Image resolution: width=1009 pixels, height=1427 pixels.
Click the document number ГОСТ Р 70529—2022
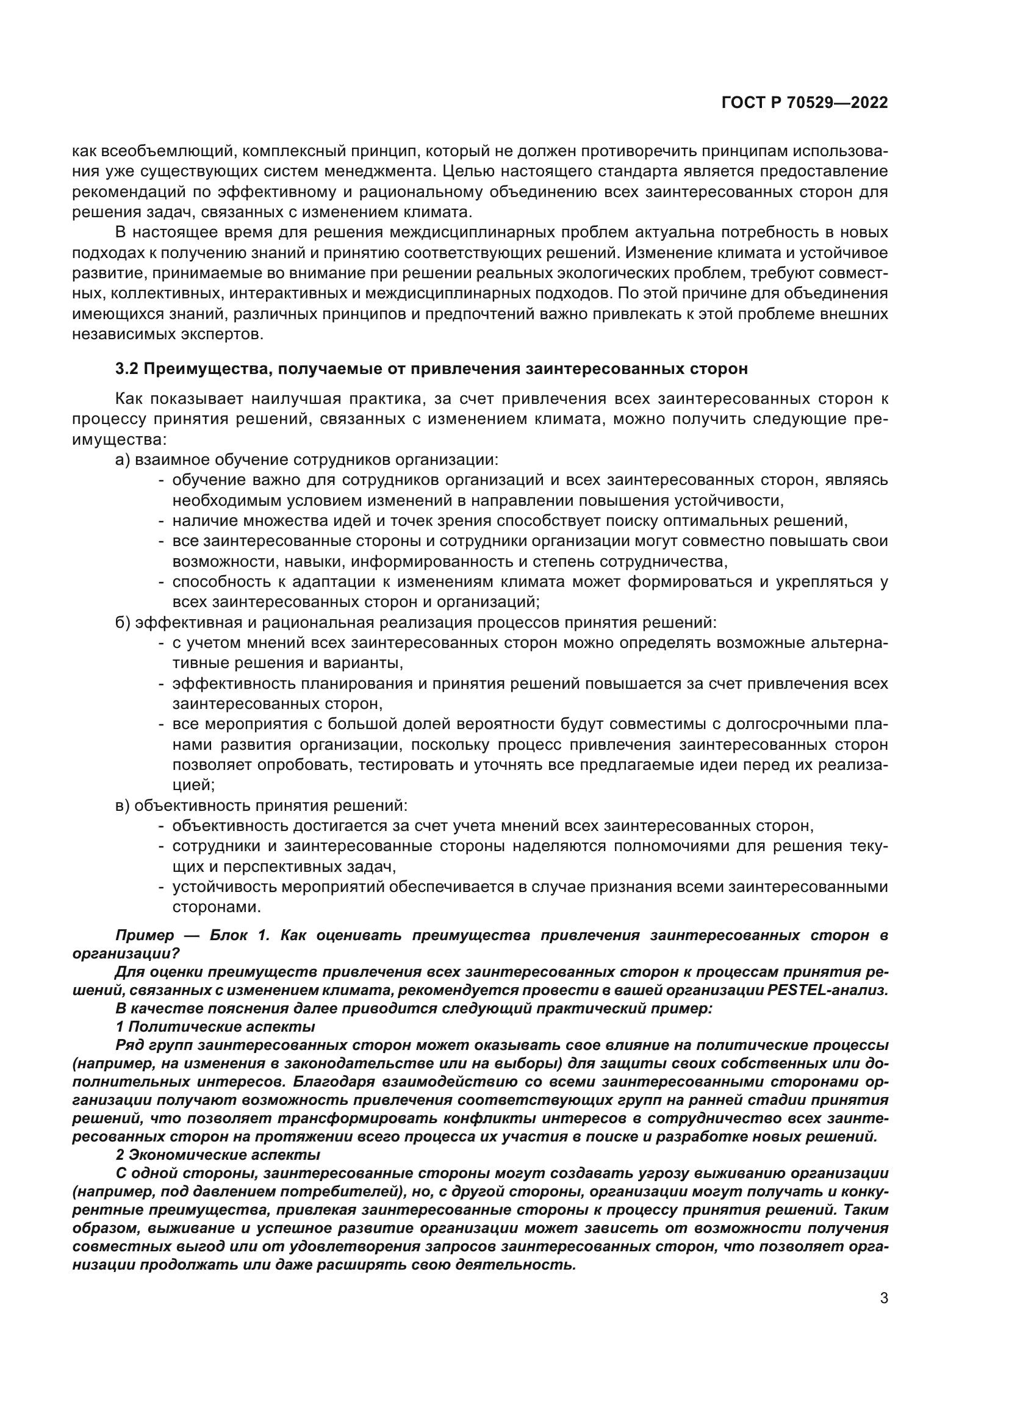[805, 103]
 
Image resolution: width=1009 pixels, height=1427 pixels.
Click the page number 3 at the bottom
[884, 1298]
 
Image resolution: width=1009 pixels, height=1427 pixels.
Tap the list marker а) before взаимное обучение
[123, 460]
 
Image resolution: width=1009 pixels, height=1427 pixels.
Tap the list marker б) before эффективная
[123, 623]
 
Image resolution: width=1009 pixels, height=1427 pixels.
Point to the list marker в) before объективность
[123, 806]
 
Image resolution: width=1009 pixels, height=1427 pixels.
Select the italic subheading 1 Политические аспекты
[215, 1026]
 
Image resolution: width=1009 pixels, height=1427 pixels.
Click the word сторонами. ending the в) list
[216, 907]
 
